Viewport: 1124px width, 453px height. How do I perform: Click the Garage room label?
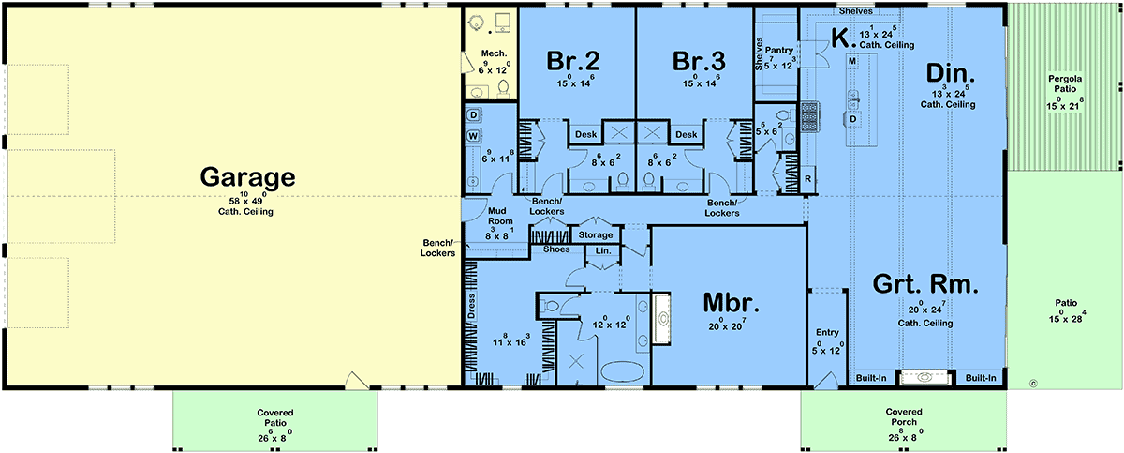(247, 176)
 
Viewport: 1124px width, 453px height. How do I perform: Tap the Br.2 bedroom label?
(572, 61)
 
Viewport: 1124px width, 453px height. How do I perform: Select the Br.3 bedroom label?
(699, 61)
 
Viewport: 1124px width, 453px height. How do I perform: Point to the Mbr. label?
(732, 303)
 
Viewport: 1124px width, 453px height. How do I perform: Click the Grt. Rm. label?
(925, 284)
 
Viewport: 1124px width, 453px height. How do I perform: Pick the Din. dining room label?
(950, 73)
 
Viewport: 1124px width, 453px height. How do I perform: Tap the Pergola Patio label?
(1065, 83)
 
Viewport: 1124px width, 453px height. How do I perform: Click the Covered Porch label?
(904, 416)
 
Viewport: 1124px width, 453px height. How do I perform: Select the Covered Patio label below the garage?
(275, 418)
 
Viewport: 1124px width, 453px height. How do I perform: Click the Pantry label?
(778, 51)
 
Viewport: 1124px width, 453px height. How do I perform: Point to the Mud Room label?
(500, 216)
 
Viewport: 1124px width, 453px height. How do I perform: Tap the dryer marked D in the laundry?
(473, 115)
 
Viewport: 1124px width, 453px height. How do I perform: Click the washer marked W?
(473, 136)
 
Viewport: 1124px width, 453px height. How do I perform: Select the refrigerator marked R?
(807, 179)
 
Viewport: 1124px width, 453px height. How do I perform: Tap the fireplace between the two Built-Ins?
(924, 377)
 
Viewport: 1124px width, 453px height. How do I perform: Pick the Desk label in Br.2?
(585, 134)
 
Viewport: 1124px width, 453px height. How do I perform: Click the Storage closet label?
(596, 235)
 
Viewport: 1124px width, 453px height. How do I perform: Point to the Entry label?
(827, 332)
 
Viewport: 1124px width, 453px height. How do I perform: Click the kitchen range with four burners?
(810, 117)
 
